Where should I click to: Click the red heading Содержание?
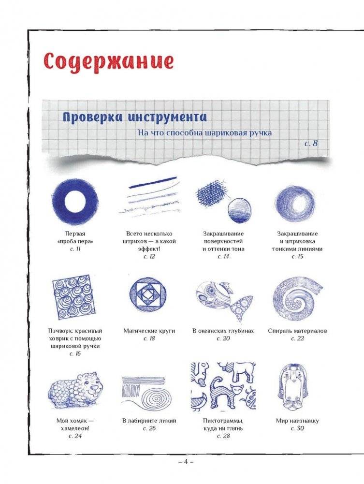(109, 61)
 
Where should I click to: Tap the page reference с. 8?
(311, 143)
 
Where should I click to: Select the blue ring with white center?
(75, 200)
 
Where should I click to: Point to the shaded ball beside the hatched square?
(239, 210)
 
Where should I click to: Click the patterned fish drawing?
(224, 300)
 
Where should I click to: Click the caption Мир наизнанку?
(297, 421)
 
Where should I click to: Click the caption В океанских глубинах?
(223, 331)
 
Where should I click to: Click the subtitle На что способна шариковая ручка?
(205, 132)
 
